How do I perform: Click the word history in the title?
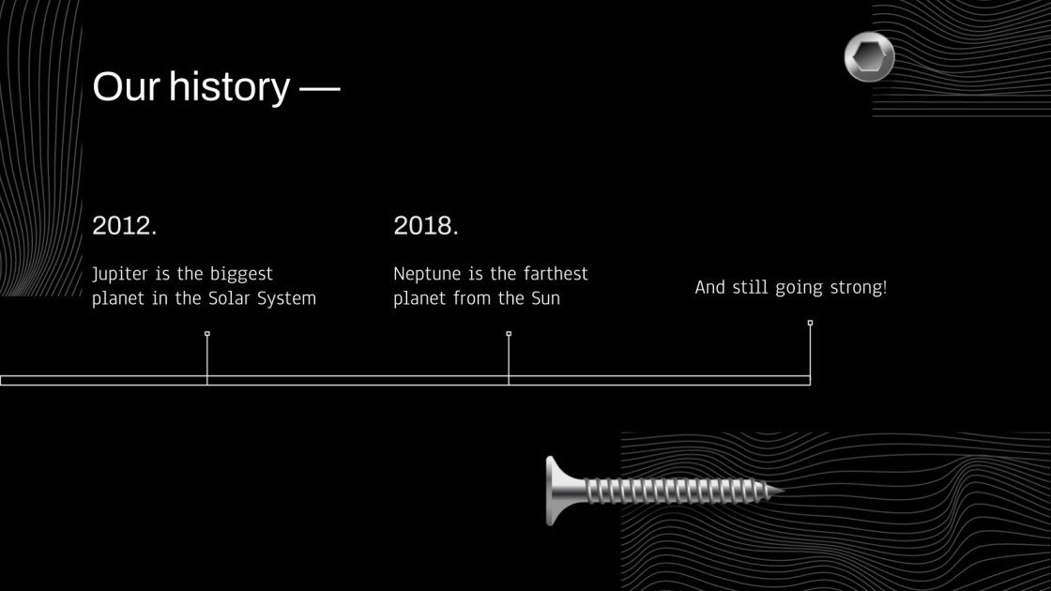click(x=230, y=87)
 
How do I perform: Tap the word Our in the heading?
click(x=126, y=87)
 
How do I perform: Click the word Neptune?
click(x=426, y=274)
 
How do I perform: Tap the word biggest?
click(x=241, y=275)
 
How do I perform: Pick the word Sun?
click(x=544, y=299)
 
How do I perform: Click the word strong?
click(x=859, y=288)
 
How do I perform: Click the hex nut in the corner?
click(x=869, y=56)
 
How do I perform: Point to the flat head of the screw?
click(x=555, y=490)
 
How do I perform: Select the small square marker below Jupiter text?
click(x=207, y=333)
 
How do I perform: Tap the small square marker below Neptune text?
click(x=509, y=333)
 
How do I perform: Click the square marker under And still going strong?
click(x=810, y=323)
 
